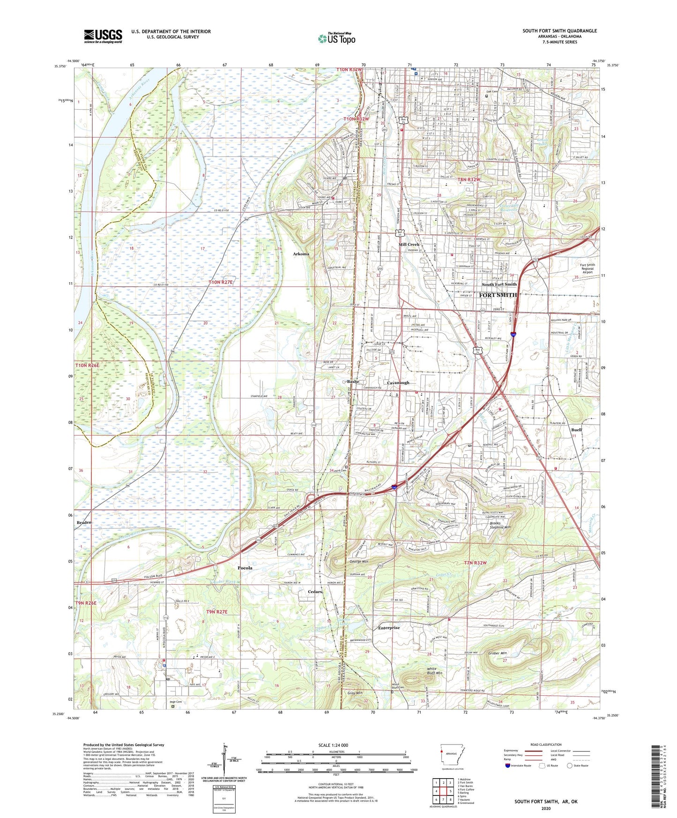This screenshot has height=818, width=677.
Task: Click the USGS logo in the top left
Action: pyautogui.click(x=103, y=36)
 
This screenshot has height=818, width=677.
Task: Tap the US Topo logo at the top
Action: pyautogui.click(x=336, y=38)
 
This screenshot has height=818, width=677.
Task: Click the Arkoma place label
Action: pyautogui.click(x=301, y=254)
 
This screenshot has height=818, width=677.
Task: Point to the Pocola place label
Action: pyautogui.click(x=245, y=568)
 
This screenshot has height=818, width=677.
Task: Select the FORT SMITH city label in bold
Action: pyautogui.click(x=498, y=295)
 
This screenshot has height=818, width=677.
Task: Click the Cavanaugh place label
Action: pyautogui.click(x=398, y=383)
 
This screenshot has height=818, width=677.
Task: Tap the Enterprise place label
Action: pyautogui.click(x=389, y=628)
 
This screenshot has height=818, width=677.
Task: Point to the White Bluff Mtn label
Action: pyautogui.click(x=434, y=670)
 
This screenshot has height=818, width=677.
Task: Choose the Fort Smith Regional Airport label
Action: pyautogui.click(x=587, y=268)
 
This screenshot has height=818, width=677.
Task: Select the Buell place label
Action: pyautogui.click(x=576, y=430)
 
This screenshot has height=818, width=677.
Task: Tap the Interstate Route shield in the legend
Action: pyautogui.click(x=508, y=766)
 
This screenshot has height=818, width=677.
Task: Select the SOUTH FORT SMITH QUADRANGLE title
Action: pyautogui.click(x=559, y=31)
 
